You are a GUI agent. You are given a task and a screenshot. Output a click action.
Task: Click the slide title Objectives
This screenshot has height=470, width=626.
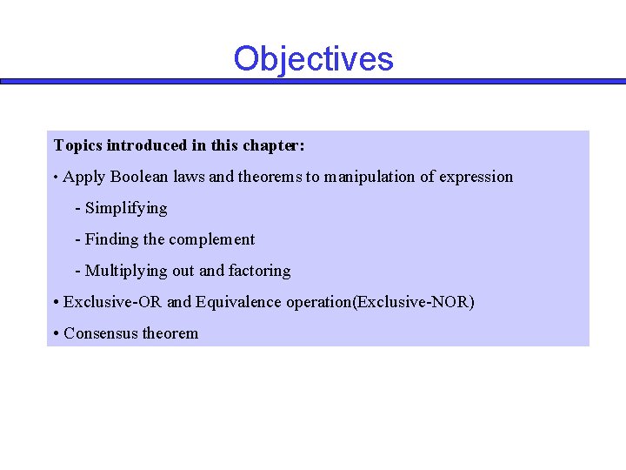click(x=313, y=59)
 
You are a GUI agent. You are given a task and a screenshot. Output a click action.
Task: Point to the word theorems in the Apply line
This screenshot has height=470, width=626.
click(x=270, y=177)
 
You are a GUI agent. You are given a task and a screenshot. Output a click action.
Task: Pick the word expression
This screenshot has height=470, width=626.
click(x=476, y=177)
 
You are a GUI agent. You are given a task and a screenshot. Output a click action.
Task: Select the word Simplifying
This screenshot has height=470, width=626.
click(x=126, y=208)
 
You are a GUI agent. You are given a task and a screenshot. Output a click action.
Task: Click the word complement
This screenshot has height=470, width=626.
click(x=214, y=239)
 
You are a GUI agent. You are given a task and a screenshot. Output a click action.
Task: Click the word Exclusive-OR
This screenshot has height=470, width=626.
click(x=113, y=302)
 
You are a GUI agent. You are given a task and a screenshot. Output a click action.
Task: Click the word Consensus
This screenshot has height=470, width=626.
click(x=100, y=333)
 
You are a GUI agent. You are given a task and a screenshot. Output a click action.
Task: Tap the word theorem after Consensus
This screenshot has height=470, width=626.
click(x=170, y=333)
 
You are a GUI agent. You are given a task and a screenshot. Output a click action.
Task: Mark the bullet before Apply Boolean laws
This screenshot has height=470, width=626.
click(x=56, y=178)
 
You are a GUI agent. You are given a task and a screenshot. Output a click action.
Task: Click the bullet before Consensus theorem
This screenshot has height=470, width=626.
click(x=56, y=333)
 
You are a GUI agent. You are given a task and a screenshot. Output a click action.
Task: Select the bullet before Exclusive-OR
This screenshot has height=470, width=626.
click(x=56, y=302)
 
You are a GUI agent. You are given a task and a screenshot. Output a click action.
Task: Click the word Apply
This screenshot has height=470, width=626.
click(x=84, y=177)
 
